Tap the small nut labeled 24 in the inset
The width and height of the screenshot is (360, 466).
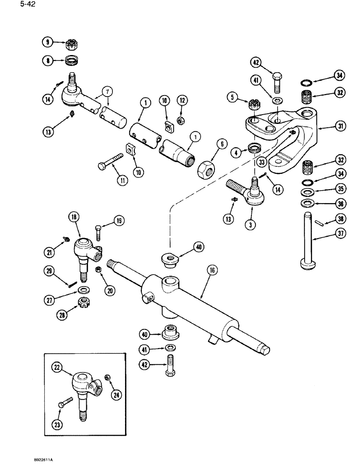[108, 377]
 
